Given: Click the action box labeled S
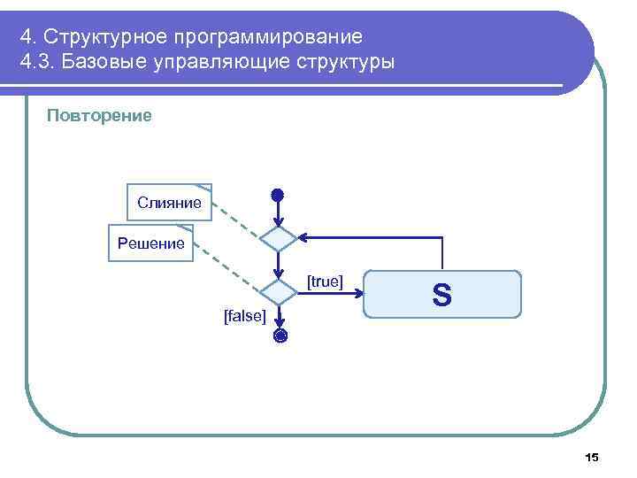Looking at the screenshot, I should pos(442,294).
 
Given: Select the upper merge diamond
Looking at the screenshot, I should pos(279,238).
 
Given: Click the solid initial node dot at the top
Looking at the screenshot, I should pos(278,194).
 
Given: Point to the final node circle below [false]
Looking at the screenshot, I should pos(280,335).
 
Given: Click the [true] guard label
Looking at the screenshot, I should pos(325,281).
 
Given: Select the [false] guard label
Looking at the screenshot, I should pos(245,316).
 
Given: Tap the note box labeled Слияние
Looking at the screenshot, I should pos(169,203).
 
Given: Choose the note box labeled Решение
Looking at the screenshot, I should pos(150,243).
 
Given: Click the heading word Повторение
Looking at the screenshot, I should pos(99,115).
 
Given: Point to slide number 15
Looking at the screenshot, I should pos(592,457).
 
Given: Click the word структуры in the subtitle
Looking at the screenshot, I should pos(345,64).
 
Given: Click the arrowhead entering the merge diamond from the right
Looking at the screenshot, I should pos(303,238).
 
